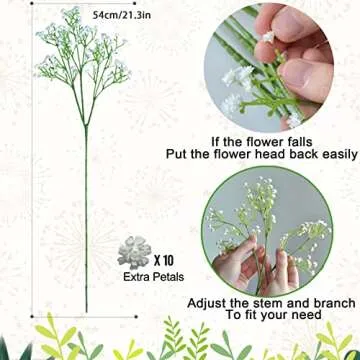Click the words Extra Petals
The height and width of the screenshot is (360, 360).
pos(144,274)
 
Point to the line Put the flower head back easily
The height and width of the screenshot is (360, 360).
pos(270,156)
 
